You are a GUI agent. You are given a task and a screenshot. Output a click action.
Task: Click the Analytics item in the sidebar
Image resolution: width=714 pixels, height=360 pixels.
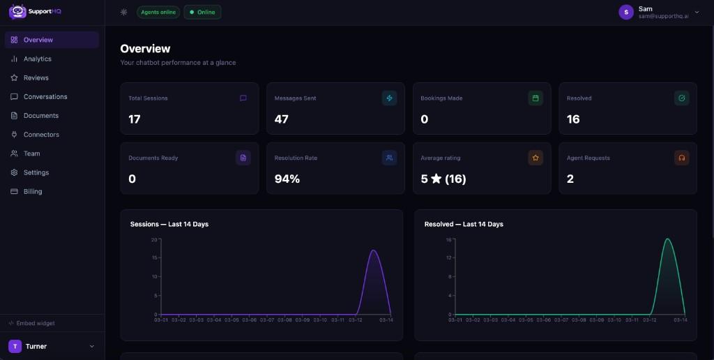37,59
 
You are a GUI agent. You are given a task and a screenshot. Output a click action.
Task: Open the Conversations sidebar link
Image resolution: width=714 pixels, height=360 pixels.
45,97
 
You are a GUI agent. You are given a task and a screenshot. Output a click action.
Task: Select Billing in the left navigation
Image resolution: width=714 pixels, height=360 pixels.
32,191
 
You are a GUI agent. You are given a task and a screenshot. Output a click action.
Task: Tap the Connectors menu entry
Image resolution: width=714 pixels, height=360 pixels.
41,135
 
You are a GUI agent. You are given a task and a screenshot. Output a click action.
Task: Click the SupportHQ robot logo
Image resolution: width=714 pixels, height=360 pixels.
17,11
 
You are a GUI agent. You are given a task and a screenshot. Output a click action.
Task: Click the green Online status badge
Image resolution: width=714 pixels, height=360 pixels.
202,12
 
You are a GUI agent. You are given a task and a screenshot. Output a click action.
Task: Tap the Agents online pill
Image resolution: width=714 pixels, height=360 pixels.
158,12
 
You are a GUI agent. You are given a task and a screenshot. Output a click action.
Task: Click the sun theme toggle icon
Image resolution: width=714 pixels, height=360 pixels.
124,12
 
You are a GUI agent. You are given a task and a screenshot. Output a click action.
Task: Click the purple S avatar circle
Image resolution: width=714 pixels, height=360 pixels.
626,12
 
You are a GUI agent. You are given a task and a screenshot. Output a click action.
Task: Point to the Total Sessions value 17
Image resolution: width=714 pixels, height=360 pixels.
135,119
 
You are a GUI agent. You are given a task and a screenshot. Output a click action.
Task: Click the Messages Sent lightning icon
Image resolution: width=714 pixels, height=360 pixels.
389,98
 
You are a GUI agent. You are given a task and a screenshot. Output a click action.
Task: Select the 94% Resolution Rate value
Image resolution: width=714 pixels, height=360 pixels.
287,179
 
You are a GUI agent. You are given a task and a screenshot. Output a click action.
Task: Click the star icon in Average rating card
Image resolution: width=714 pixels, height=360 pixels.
535,158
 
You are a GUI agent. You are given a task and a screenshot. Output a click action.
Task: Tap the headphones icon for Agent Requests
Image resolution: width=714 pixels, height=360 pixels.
681,158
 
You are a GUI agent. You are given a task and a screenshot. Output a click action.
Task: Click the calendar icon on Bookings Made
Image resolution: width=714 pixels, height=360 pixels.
535,98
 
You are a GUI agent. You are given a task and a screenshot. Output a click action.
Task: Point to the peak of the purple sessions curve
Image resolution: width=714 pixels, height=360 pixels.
374,250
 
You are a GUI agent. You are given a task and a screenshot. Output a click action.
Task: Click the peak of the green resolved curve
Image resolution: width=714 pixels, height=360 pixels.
667,239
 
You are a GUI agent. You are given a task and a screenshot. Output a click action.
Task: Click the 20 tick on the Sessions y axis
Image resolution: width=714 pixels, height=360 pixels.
155,240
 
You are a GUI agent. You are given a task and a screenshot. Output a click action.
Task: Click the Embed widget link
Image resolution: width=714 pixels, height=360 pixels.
35,323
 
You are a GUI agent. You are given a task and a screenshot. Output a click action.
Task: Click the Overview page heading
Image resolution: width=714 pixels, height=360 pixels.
145,49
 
